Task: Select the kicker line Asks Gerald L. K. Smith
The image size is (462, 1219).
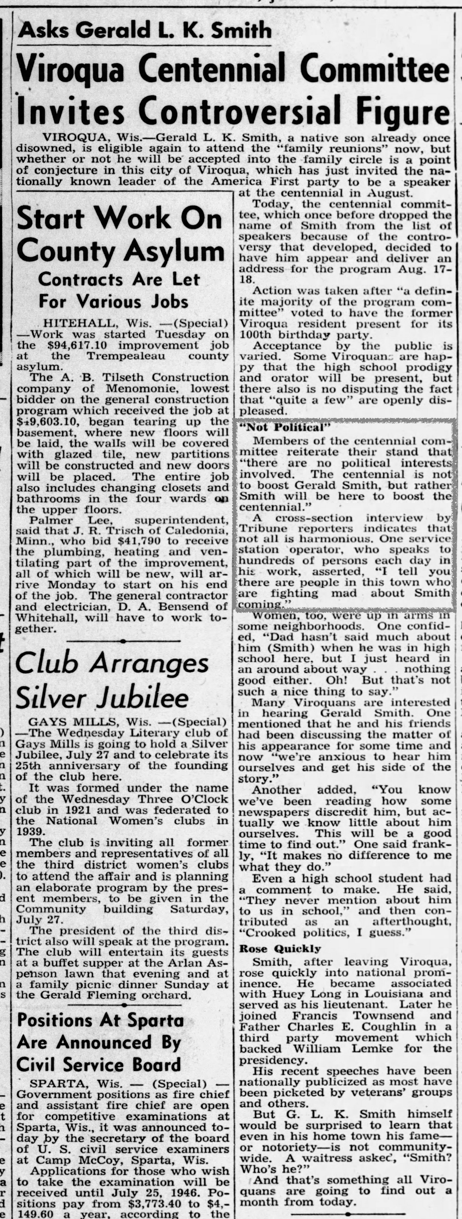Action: tap(144, 31)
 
